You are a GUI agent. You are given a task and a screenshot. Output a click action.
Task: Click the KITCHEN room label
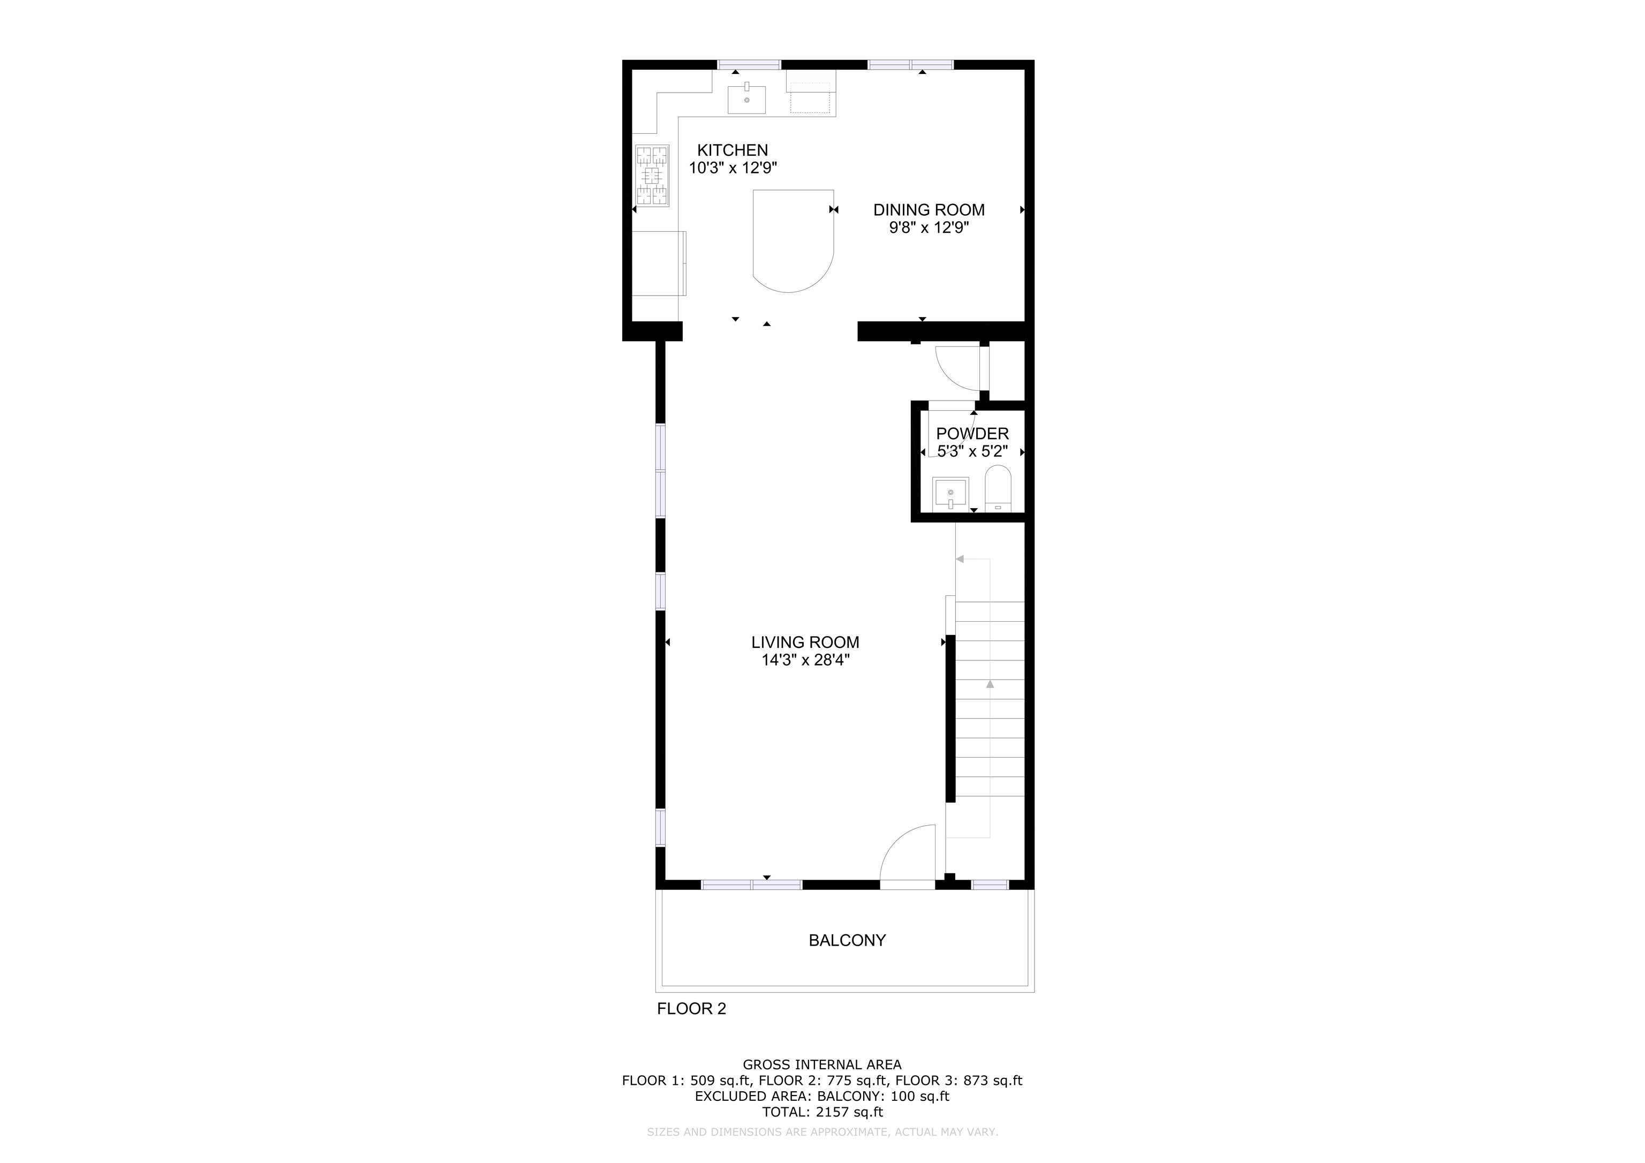(732, 150)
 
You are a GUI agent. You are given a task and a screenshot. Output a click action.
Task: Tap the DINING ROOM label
(929, 210)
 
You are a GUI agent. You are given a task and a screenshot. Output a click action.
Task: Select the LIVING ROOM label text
(805, 643)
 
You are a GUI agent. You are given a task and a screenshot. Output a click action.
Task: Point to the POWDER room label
(972, 434)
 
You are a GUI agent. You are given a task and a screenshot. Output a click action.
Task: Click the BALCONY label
(847, 940)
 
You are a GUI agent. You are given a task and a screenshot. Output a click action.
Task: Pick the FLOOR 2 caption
(691, 1009)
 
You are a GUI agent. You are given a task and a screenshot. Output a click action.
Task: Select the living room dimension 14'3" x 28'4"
(805, 661)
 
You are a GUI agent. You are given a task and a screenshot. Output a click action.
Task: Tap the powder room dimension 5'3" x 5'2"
(972, 451)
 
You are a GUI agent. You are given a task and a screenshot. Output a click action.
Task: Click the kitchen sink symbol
(746, 100)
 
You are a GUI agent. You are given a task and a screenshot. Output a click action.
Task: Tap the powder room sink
(950, 494)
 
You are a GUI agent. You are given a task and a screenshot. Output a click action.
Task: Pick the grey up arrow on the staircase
(990, 684)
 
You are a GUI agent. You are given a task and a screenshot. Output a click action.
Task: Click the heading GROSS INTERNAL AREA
(822, 1065)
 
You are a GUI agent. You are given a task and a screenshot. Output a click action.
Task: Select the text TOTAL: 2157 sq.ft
(822, 1112)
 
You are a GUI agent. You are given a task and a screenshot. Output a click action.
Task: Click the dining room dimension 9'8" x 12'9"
(929, 228)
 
